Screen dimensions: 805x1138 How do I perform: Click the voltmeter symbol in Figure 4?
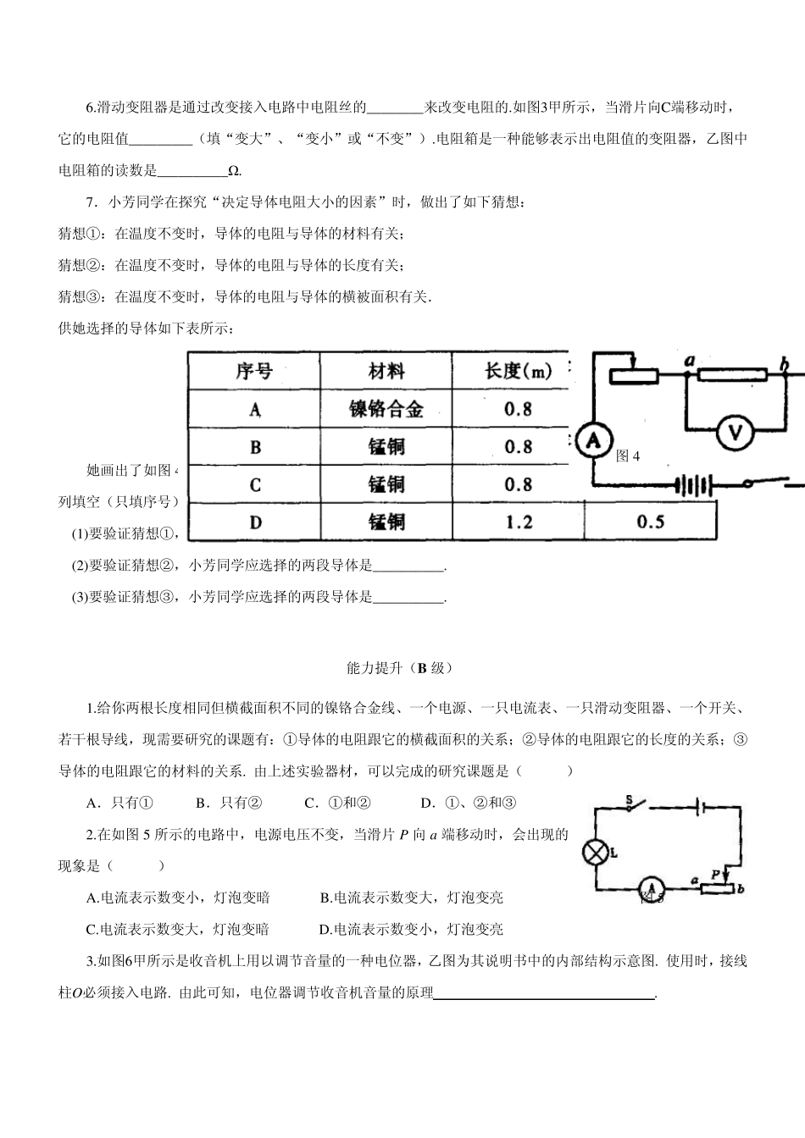[735, 433]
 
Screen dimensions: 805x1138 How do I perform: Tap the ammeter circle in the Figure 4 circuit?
[594, 439]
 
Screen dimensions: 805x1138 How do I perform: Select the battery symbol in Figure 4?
[694, 486]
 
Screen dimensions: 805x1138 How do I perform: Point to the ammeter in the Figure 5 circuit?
[651, 887]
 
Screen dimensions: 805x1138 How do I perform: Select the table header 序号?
[254, 372]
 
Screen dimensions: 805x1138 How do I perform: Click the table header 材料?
[386, 372]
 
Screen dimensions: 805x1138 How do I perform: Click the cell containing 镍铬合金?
[386, 410]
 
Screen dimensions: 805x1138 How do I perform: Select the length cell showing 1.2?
[518, 521]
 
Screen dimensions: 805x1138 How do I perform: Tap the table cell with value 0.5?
[650, 521]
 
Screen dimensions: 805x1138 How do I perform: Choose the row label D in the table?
[255, 521]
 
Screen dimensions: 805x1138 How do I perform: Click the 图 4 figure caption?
[628, 456]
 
